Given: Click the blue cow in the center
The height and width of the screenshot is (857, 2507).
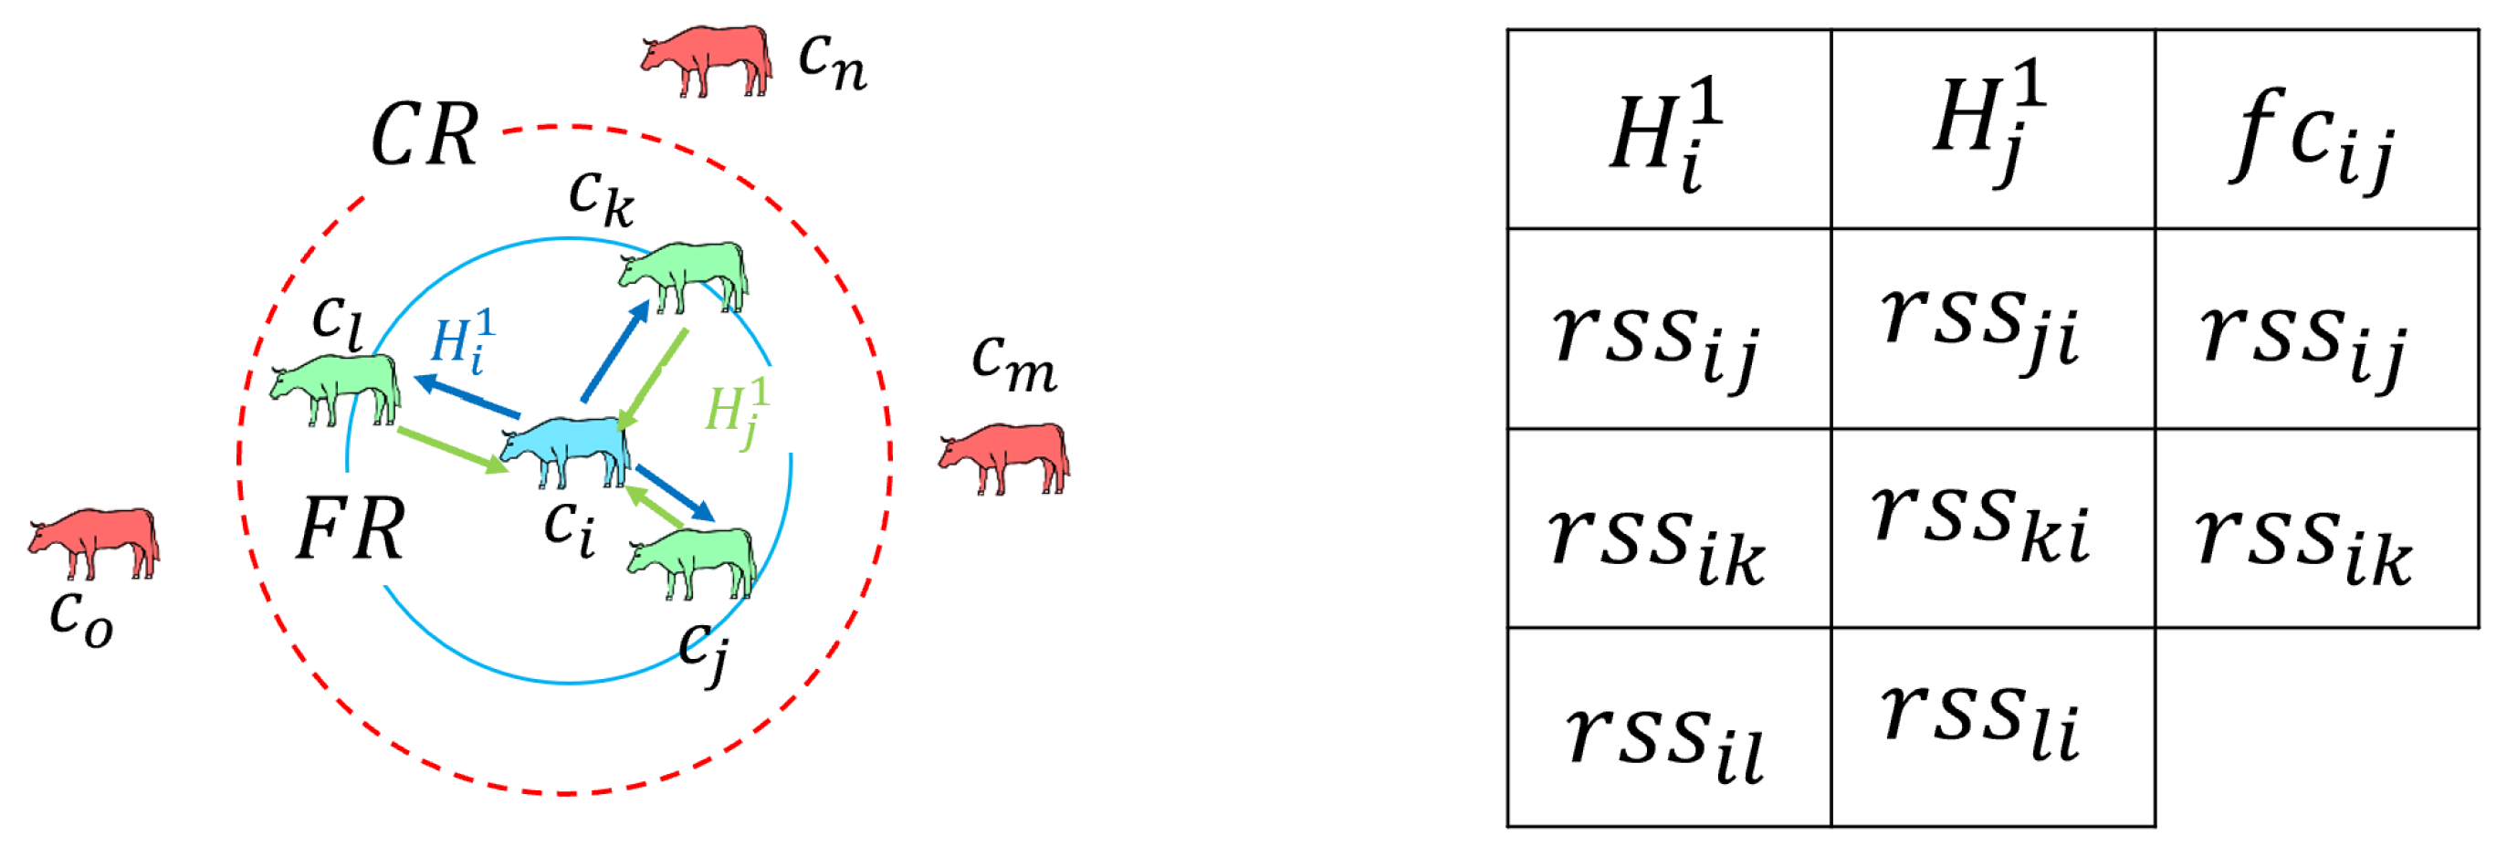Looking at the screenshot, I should (566, 449).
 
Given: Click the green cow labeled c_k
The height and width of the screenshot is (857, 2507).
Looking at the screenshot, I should (684, 275).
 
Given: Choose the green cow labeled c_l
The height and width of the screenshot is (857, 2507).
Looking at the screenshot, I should (337, 386).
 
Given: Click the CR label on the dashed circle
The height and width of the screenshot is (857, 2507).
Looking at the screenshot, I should (425, 134).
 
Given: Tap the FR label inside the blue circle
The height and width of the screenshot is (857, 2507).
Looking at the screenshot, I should (351, 529).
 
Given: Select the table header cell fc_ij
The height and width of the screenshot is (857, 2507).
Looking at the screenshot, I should (2315, 131).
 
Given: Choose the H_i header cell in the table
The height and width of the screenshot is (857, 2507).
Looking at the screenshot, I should (1668, 131).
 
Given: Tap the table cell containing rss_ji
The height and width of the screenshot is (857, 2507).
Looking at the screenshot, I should (1992, 329).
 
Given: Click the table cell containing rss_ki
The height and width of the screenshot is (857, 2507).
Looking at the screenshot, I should (1992, 528).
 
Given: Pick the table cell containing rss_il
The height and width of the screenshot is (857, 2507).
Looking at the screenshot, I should (1668, 727).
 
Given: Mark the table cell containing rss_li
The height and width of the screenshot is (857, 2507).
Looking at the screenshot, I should (1992, 727).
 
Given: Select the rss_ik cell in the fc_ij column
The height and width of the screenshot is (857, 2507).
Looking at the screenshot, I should (2315, 528).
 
